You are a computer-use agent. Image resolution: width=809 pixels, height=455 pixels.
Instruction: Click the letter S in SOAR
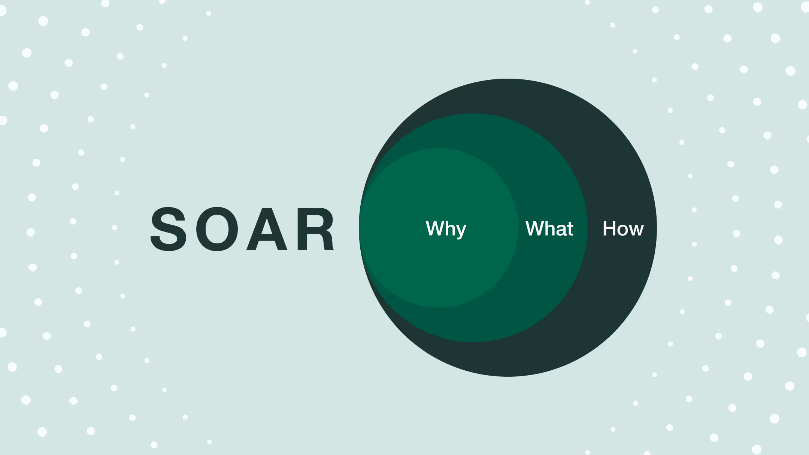[169, 229]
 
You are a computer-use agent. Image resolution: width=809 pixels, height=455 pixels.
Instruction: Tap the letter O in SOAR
[217, 229]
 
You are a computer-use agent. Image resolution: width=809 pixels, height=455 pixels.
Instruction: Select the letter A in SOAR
[267, 229]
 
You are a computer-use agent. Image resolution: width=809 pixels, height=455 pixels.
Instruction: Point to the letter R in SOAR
[315, 229]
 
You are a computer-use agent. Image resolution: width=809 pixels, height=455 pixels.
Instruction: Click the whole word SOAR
[242, 229]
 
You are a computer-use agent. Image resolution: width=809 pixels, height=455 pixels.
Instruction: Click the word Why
[446, 228]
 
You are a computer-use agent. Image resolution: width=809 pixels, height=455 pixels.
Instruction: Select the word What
[549, 228]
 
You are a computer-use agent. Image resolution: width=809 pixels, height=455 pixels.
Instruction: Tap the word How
[623, 228]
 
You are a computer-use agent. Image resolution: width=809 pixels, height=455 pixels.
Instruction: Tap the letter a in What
[561, 230]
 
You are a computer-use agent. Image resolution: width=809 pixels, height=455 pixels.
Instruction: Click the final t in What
[570, 229]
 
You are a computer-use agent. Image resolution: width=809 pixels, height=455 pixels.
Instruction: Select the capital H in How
[609, 228]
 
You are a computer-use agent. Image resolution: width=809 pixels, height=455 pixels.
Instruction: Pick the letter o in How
[623, 230]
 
